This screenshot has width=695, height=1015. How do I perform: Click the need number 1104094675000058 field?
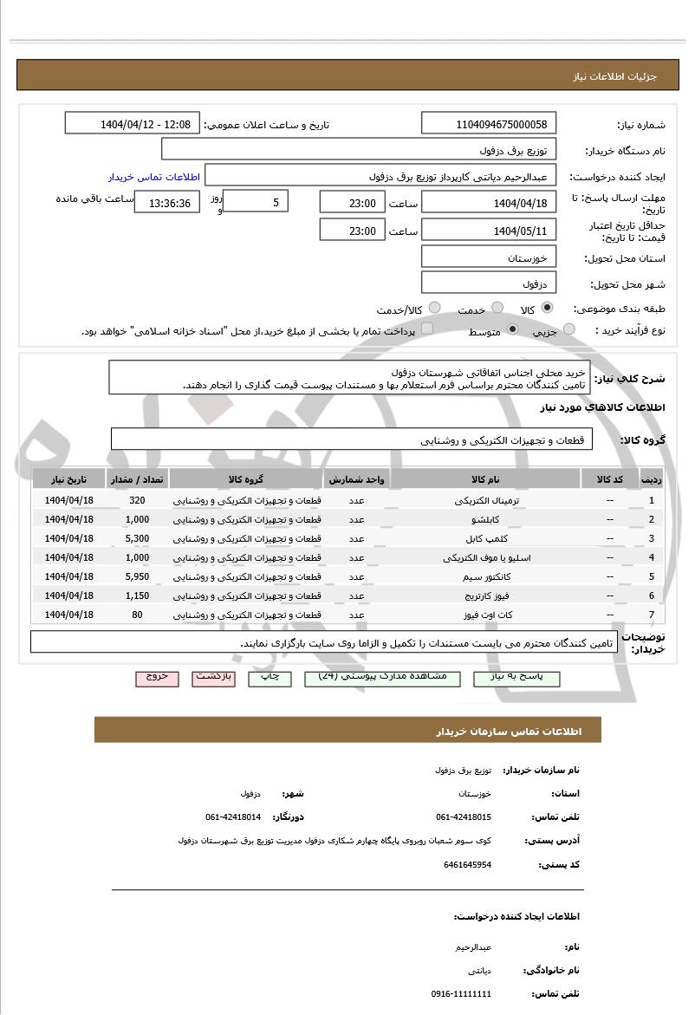click(x=490, y=124)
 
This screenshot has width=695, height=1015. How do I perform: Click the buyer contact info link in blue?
click(x=154, y=177)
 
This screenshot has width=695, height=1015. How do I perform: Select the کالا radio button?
click(x=547, y=308)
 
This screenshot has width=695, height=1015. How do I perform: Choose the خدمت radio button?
click(x=497, y=308)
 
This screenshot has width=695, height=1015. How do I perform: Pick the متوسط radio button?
click(x=512, y=329)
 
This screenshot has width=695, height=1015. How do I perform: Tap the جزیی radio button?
click(x=569, y=329)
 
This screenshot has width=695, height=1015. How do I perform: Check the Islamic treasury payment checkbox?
click(x=426, y=329)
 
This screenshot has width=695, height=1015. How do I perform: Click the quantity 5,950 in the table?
click(x=137, y=576)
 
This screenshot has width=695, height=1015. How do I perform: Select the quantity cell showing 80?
click(x=137, y=615)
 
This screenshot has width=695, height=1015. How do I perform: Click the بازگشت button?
click(x=213, y=678)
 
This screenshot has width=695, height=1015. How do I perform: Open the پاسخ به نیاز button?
click(x=516, y=678)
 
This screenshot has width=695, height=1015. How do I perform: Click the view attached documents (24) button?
click(x=383, y=678)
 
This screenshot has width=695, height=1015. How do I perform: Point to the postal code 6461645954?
click(x=467, y=864)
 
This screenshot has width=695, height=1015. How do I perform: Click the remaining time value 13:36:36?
click(x=169, y=204)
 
